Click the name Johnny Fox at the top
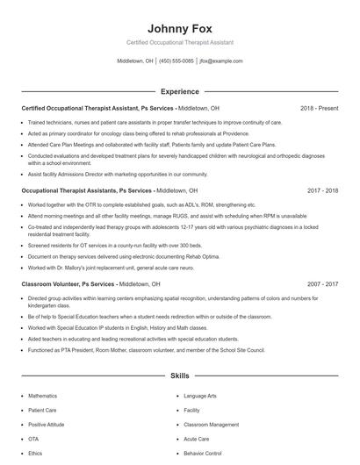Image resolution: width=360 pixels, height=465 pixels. tap(180, 28)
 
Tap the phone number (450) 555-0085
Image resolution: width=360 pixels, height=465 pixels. tap(176, 61)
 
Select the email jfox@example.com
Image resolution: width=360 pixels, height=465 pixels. tap(220, 61)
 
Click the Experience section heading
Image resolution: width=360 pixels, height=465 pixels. tap(180, 91)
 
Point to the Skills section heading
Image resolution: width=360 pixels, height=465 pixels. tap(180, 376)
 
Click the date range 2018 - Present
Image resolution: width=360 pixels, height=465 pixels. tap(319, 108)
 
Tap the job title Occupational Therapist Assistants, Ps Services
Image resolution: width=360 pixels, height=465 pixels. tap(87, 190)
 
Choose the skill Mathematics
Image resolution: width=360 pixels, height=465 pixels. tap(43, 396)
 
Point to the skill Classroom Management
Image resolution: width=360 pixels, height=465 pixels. tap(211, 424)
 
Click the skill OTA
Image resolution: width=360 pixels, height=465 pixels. tap(33, 438)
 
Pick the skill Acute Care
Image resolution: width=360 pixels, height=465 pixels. tap(196, 438)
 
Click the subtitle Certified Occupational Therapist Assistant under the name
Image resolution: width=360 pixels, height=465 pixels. tap(180, 42)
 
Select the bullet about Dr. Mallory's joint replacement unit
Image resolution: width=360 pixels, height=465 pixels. tap(110, 267)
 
